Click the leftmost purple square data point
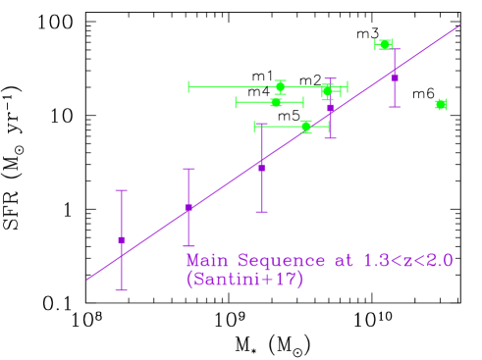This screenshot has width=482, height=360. point(122,239)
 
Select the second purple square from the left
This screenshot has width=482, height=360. point(188,207)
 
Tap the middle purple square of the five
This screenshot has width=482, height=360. point(261,168)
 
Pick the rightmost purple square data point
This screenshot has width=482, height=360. point(395,77)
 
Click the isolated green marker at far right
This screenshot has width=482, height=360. point(441,104)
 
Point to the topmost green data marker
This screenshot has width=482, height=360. point(384,44)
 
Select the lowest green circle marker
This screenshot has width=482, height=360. point(305,126)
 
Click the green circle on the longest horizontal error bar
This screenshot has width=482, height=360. point(280,86)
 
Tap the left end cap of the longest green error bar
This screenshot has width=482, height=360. point(189,86)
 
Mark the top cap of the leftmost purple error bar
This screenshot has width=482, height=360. point(122,190)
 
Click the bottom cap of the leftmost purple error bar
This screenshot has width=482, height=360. point(122,289)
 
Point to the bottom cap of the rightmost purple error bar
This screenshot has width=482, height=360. point(395,106)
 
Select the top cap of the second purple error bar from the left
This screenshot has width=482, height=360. point(188,169)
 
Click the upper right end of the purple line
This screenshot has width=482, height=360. point(459,26)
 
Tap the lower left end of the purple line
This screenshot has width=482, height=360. point(87,280)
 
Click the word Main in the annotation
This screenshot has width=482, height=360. point(206,261)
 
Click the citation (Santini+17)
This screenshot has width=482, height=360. point(244,280)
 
